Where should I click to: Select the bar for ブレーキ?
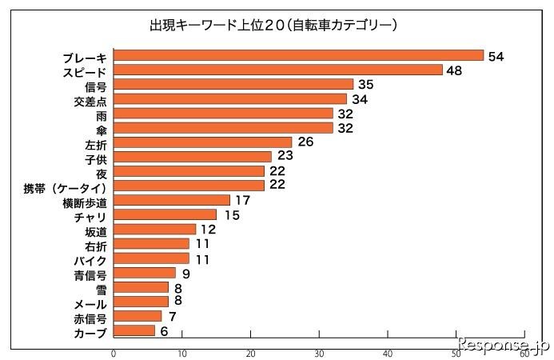tap(298, 55)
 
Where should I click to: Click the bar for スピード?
tap(277, 70)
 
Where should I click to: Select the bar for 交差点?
tap(229, 99)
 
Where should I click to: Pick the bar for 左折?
tap(202, 143)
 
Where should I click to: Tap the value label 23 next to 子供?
tap(286, 157)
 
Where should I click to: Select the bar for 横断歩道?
tap(171, 201)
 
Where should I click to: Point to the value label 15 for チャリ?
tap(231, 214)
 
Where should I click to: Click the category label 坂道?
tap(95, 230)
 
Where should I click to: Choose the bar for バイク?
tap(151, 258)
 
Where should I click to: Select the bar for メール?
tap(141, 302)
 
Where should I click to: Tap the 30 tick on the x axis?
tap(319, 352)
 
